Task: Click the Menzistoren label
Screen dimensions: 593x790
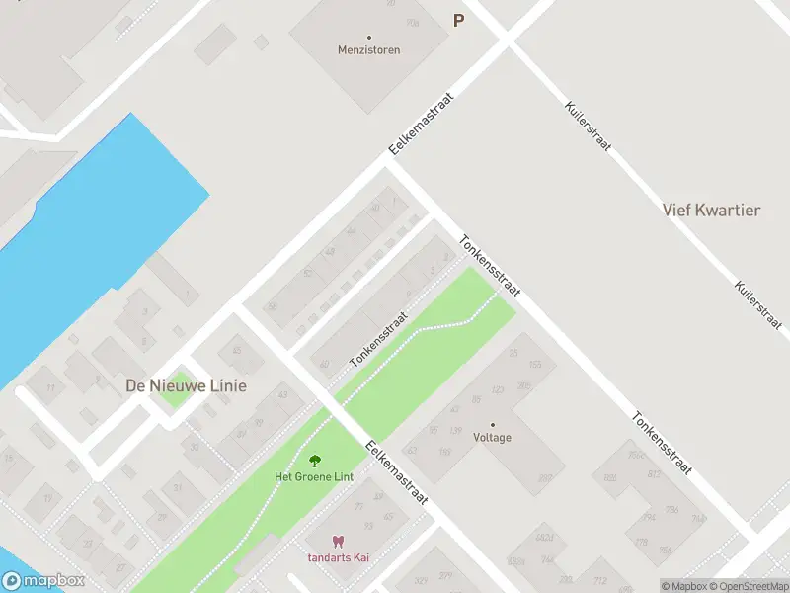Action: coord(368,49)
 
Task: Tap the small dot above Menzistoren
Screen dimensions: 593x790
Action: coord(368,38)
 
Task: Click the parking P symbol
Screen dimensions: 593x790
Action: coord(457,20)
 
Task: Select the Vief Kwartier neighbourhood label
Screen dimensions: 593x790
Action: coord(711,210)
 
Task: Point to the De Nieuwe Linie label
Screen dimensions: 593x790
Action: coord(186,385)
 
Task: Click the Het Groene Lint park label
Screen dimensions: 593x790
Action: coord(314,476)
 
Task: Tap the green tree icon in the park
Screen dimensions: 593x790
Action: coord(315,461)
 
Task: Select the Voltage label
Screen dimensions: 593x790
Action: coord(493,437)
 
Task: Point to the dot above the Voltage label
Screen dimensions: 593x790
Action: coord(493,425)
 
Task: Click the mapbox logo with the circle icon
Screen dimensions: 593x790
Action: coord(43,581)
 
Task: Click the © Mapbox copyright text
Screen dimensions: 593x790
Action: coord(684,586)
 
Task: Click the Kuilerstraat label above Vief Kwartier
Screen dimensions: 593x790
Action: coord(588,126)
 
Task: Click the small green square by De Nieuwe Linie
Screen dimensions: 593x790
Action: coord(175,397)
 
